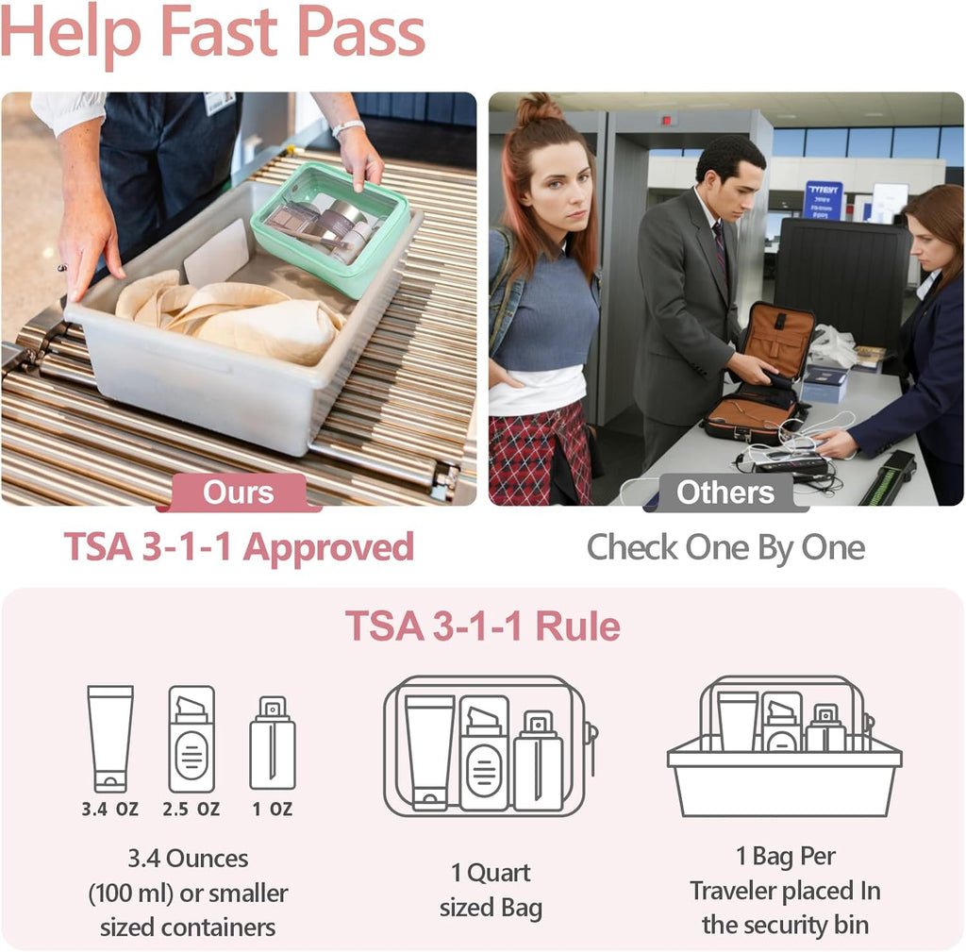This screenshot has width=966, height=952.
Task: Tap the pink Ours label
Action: [x=238, y=493]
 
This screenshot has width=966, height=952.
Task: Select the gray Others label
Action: [x=725, y=493]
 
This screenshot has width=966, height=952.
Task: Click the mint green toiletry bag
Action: [x=330, y=226]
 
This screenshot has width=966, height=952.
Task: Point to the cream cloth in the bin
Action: [x=236, y=321]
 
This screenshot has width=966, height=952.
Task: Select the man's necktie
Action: [x=721, y=247]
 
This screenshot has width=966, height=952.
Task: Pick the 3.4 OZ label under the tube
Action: [x=110, y=809]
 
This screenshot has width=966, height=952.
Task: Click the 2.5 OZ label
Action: [x=191, y=809]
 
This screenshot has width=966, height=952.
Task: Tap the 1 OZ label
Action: [x=272, y=809]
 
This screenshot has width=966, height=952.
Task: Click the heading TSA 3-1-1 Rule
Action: [x=482, y=626]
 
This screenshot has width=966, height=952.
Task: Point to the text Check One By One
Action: [x=725, y=547]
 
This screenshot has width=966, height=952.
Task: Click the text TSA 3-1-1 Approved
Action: [x=239, y=547]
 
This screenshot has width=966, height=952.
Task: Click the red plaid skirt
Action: [x=533, y=453]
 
